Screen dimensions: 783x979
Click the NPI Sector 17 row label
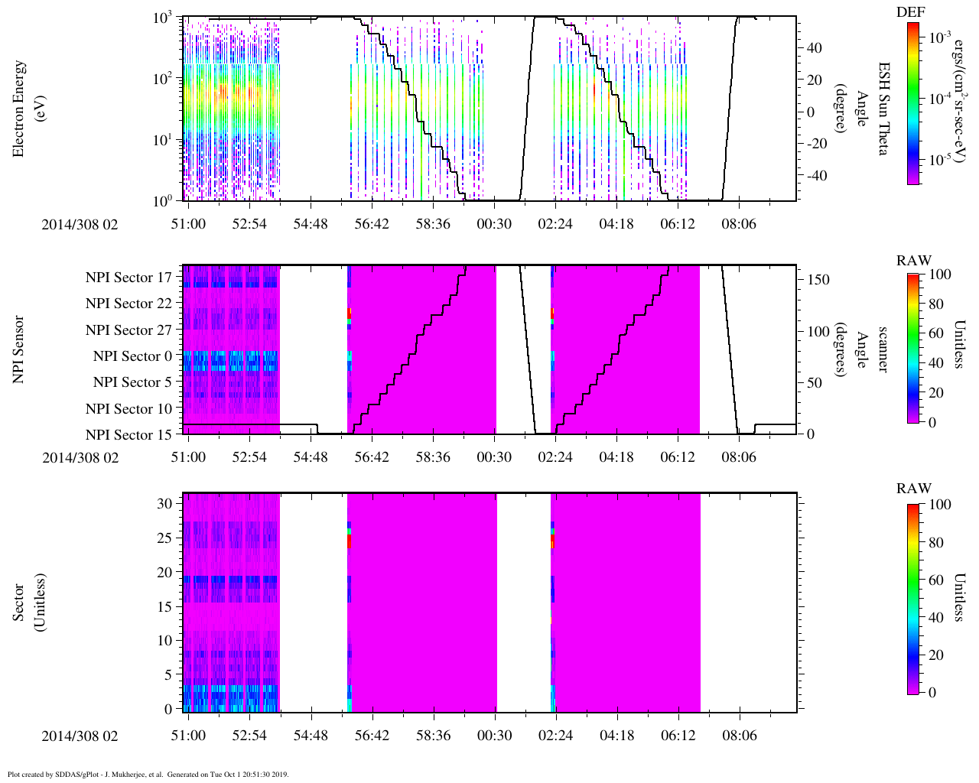(x=129, y=278)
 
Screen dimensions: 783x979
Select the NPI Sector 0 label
(x=133, y=356)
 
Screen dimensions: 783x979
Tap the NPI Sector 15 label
(x=129, y=435)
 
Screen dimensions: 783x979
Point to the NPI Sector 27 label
(x=129, y=330)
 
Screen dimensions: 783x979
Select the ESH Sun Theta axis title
(x=882, y=109)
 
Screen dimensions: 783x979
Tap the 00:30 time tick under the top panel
(x=494, y=223)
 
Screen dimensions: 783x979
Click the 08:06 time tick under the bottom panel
(x=739, y=736)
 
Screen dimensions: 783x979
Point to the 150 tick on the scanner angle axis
(x=819, y=280)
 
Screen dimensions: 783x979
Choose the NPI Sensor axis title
(x=18, y=349)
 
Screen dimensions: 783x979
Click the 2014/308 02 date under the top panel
(x=80, y=224)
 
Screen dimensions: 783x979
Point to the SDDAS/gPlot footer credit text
(x=148, y=774)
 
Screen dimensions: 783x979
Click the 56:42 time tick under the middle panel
(x=372, y=457)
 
